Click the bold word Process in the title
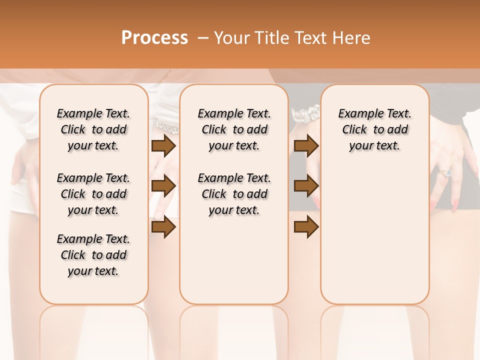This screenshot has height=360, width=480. coord(154,38)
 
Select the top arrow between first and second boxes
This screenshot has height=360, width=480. coord(163,145)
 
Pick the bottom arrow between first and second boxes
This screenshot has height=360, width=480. coord(163,227)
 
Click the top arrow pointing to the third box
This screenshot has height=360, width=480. coord(306,145)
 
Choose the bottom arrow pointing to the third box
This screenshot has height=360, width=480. coord(306,227)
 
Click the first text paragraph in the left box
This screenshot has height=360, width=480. coord(93,129)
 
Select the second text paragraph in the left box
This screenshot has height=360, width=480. coord(93,194)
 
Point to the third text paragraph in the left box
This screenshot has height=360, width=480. coord(93,255)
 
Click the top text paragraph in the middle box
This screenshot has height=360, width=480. coord(234,129)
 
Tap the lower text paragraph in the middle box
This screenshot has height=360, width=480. coord(234,194)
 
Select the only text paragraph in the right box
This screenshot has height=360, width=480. coord(374,129)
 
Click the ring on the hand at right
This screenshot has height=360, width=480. coord(445,172)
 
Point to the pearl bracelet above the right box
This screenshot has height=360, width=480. coord(305,114)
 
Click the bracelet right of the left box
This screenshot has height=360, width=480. coord(167,127)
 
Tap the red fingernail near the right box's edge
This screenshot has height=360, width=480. coord(455,202)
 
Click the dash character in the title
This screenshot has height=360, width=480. coord(203,38)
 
